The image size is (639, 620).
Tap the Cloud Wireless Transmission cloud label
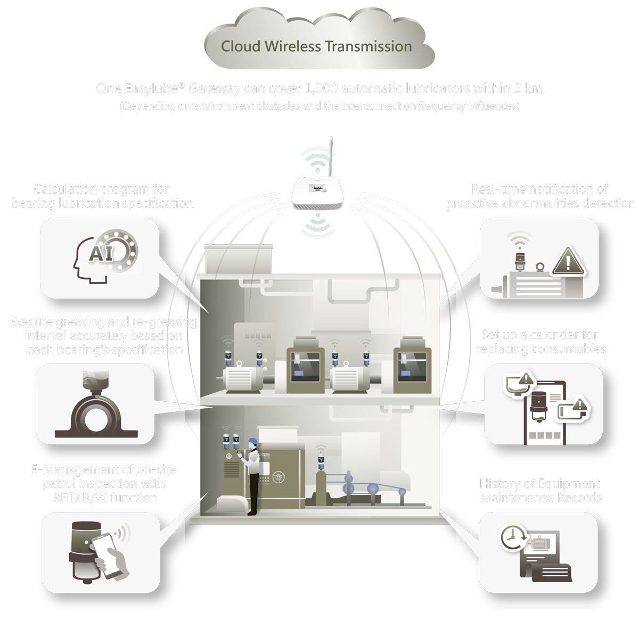pos(316,47)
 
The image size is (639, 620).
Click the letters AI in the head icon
pos(101,253)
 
